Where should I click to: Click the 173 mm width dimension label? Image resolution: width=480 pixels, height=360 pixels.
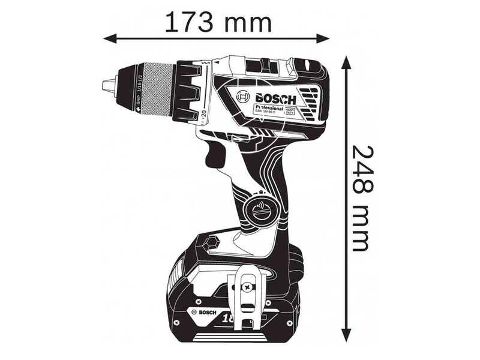[218, 22]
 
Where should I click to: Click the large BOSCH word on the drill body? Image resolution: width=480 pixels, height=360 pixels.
[275, 99]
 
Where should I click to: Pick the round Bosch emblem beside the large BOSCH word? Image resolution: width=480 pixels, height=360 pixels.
[243, 97]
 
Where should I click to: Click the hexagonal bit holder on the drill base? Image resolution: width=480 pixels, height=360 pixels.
[210, 244]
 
